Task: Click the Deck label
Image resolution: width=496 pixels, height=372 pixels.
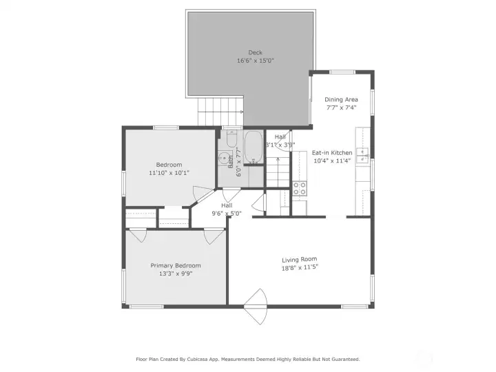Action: (255, 53)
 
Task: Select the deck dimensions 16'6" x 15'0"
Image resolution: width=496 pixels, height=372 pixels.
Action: (255, 61)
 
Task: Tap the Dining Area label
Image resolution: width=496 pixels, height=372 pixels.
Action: (342, 100)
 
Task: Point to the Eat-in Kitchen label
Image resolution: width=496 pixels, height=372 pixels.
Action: (332, 153)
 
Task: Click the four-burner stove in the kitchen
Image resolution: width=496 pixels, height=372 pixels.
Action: (300, 189)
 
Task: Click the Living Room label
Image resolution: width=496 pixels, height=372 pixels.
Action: (300, 259)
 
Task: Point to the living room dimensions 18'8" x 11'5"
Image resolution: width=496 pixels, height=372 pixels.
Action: (300, 267)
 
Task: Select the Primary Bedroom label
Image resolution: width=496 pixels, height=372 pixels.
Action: (176, 265)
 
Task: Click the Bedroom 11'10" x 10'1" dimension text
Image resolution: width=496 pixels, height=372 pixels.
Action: (169, 173)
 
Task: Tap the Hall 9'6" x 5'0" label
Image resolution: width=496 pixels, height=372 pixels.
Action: (227, 209)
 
